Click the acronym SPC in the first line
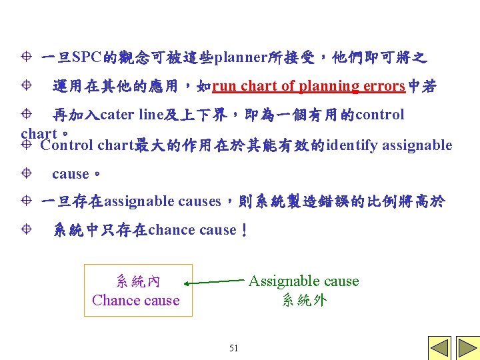[85, 57]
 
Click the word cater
[118, 115]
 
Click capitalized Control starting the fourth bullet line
[67, 145]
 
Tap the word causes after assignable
[201, 201]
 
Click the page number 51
[233, 348]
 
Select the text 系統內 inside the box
[137, 281]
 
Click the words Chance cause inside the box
[136, 300]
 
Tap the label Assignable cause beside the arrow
[303, 281]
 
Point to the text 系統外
[304, 300]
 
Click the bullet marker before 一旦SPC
[25, 57]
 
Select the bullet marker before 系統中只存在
[25, 230]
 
